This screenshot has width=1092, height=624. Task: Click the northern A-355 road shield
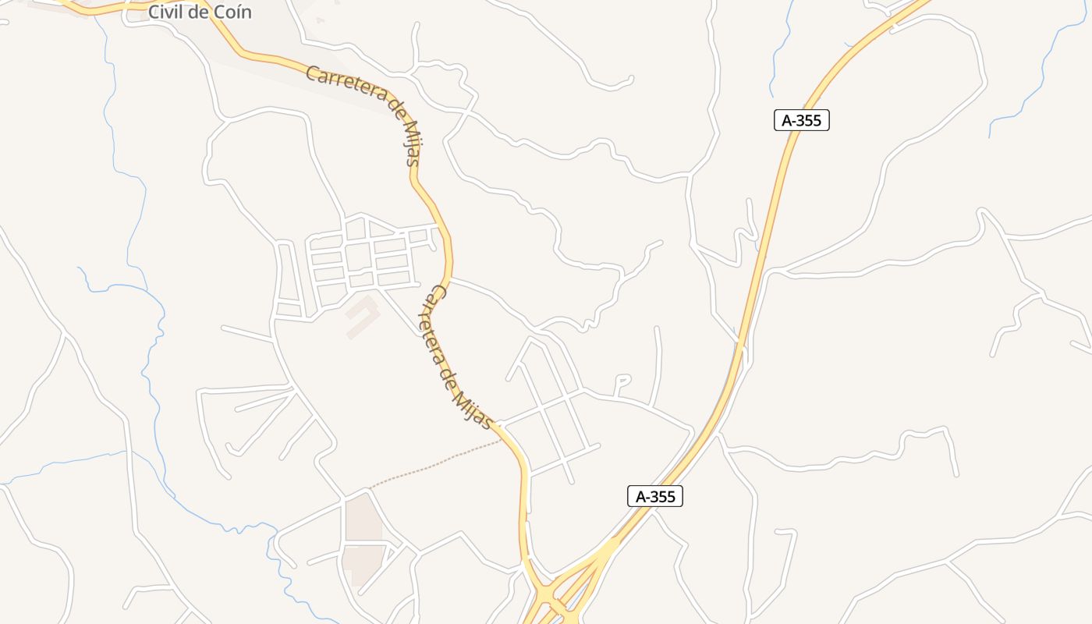801,120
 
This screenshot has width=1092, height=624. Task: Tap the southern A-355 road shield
655,496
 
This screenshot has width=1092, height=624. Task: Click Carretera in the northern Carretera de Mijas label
344,85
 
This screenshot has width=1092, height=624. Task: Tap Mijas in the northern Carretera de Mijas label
411,145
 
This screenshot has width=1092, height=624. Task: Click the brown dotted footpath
437,465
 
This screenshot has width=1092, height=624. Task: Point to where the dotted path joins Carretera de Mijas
502,440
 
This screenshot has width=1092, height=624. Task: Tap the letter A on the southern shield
641,496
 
